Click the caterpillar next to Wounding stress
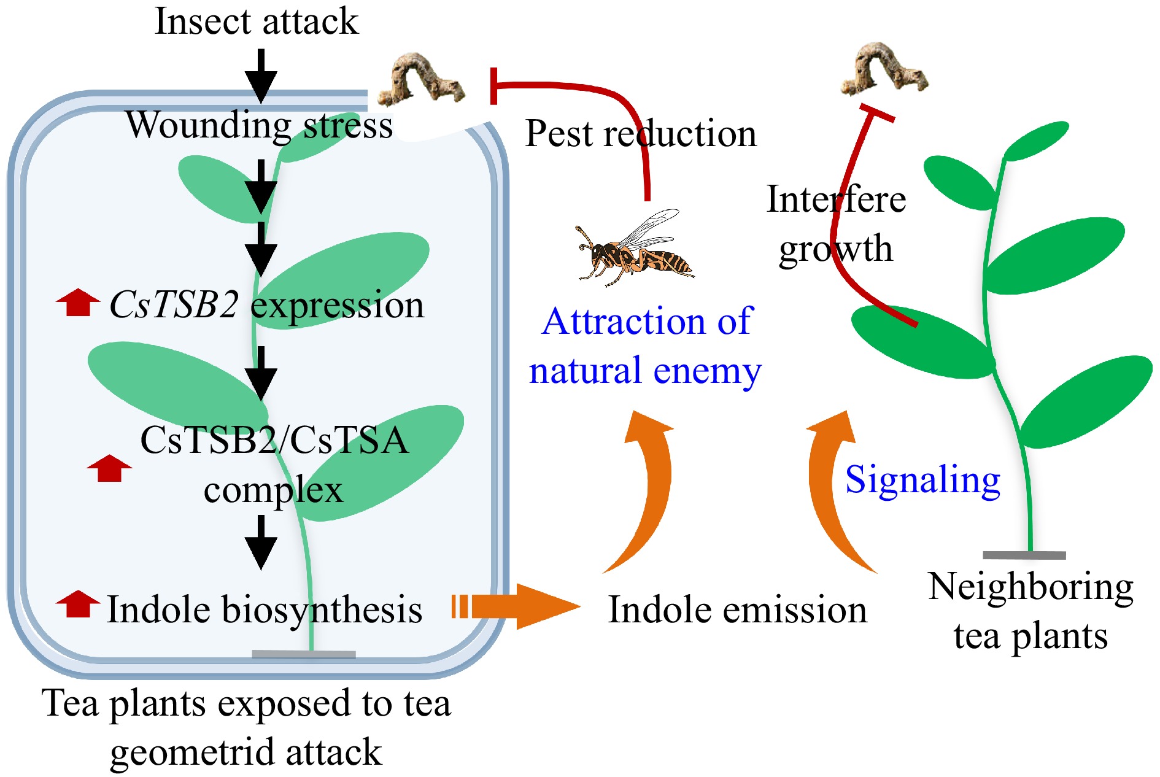(x=420, y=80)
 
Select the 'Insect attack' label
(x=257, y=21)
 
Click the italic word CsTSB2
(x=174, y=304)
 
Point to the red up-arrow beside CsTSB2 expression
(x=78, y=303)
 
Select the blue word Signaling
(x=922, y=479)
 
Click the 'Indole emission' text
(x=737, y=610)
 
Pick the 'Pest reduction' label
(x=641, y=133)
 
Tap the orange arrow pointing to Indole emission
(x=516, y=606)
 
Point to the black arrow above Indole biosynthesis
(x=261, y=543)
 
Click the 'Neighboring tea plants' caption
(x=1030, y=611)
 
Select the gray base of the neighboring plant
(x=1024, y=555)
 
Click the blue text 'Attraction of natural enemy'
(x=646, y=346)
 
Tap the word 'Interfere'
(x=836, y=199)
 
